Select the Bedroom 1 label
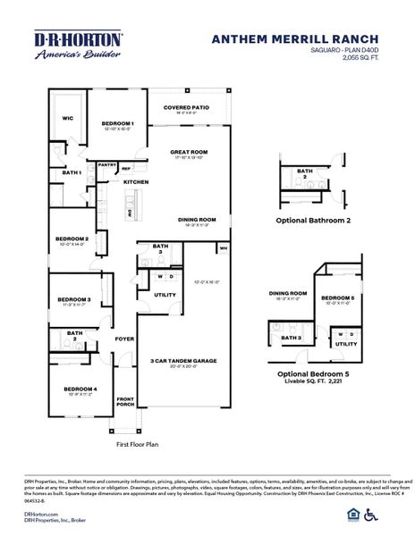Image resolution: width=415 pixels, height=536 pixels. (117, 123)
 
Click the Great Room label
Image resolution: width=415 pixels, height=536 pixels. (189, 152)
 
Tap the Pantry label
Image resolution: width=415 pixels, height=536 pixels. (107, 164)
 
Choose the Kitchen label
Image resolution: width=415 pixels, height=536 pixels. (136, 182)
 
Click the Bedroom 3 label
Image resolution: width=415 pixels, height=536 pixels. (74, 299)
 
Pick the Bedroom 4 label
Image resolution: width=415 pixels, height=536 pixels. (79, 389)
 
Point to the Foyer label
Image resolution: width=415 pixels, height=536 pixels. (124, 339)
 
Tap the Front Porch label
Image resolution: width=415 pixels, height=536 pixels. (125, 402)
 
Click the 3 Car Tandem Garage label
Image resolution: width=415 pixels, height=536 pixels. (182, 360)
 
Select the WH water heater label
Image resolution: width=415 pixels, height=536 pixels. (223, 247)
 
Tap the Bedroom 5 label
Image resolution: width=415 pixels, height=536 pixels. (338, 297)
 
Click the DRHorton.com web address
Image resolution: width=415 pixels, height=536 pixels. (41, 515)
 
